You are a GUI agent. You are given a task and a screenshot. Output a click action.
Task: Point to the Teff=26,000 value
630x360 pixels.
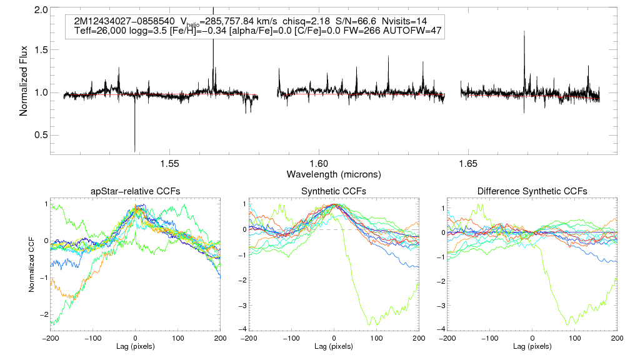pyautogui.click(x=97, y=31)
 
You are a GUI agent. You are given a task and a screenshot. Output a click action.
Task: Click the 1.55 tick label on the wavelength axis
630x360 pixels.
pyautogui.click(x=170, y=164)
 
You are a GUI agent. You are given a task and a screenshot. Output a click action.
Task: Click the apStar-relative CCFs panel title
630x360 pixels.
pyautogui.click(x=135, y=191)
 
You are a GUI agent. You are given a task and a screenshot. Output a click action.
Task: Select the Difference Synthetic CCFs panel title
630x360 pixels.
pyautogui.click(x=532, y=191)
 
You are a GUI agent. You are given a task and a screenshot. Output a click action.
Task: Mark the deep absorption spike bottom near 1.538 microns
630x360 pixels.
pyautogui.click(x=134, y=150)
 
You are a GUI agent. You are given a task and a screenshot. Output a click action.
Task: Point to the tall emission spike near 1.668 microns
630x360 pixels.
pyautogui.click(x=524, y=32)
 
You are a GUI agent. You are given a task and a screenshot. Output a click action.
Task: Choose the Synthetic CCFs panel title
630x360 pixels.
pyautogui.click(x=334, y=191)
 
